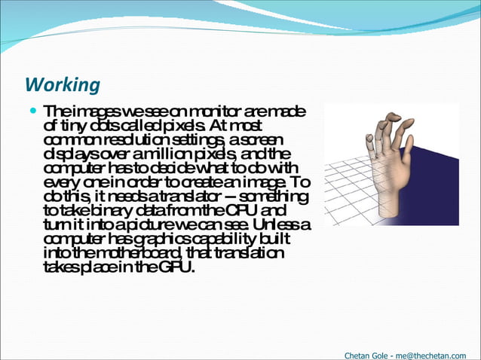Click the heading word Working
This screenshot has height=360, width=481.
coord(63,84)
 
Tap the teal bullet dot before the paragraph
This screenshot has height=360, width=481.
coord(33,111)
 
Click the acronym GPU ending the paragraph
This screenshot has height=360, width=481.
coord(176,267)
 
